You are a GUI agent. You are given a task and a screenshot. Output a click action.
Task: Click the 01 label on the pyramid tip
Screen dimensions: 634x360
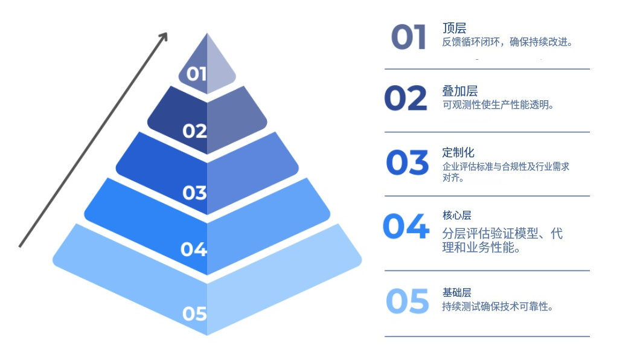[196, 74]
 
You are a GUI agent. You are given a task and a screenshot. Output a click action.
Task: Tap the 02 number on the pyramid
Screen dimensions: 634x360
[194, 131]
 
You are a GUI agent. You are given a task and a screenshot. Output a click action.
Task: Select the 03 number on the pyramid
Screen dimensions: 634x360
[194, 193]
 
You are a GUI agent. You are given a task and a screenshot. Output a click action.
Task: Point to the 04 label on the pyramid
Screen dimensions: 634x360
[194, 249]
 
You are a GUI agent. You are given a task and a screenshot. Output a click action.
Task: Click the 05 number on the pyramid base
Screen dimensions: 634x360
[194, 313]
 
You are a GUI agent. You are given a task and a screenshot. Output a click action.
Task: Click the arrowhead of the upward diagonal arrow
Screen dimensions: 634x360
[163, 36]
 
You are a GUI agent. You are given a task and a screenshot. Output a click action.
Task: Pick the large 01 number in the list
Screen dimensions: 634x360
[409, 37]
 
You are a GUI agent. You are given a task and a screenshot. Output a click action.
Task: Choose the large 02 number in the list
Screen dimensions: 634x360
[406, 98]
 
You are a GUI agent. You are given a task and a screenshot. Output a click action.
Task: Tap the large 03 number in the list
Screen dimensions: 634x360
[408, 162]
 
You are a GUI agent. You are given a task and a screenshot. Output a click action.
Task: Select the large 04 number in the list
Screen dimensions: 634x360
[406, 227]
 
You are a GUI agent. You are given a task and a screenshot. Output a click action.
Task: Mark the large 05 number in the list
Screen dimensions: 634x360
[408, 301]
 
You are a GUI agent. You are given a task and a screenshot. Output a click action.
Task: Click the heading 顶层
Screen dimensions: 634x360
[454, 28]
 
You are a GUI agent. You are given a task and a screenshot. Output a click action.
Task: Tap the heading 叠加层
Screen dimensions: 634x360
[460, 91]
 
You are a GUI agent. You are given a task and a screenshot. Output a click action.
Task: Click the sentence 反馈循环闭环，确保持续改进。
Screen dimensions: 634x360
[507, 42]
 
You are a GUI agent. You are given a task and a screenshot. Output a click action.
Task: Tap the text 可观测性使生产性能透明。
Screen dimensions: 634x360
[498, 104]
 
